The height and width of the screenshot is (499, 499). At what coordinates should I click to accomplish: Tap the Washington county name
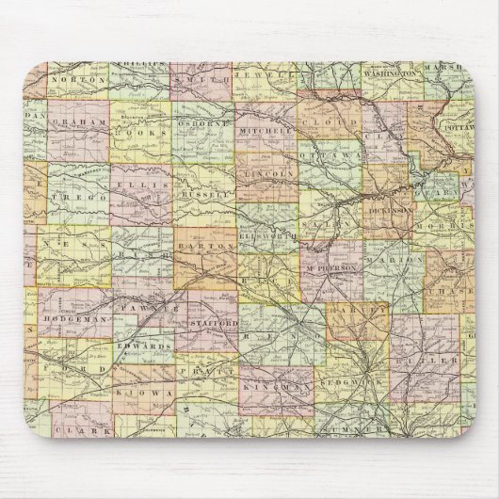pyautogui.click(x=393, y=72)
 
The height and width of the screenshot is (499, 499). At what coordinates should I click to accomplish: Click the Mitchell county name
pyautogui.click(x=262, y=132)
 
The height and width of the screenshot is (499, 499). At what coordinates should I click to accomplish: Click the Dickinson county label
pyautogui.click(x=389, y=213)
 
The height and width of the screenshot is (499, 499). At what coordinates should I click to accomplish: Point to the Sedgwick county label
pyautogui.click(x=351, y=384)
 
